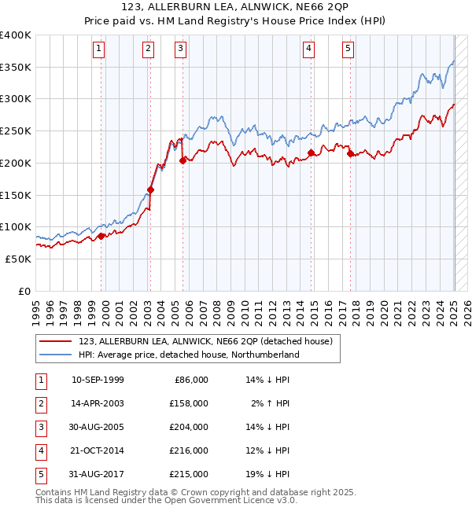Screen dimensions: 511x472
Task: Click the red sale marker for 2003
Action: (x=150, y=189)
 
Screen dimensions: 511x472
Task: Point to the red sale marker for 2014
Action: (x=311, y=153)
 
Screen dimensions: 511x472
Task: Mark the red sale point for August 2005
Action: (x=183, y=160)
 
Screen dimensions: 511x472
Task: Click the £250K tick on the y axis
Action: (x=16, y=131)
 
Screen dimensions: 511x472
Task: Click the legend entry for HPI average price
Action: (x=189, y=355)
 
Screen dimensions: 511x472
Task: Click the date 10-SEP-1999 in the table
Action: (x=98, y=380)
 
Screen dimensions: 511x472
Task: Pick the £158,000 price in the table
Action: (x=190, y=403)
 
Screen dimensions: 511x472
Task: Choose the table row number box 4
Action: (x=39, y=450)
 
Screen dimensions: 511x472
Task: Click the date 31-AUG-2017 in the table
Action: (x=98, y=474)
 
